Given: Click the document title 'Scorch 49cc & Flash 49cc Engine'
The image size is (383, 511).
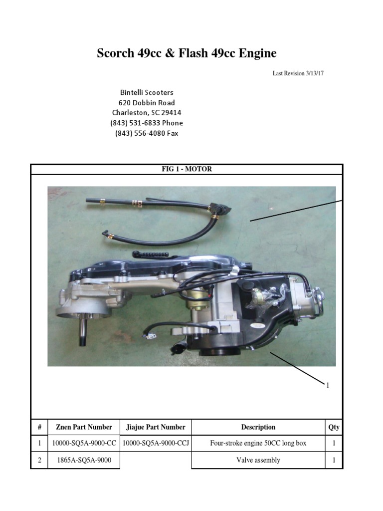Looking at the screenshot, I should (x=187, y=53).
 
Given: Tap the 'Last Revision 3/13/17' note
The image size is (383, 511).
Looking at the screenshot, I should (x=299, y=73).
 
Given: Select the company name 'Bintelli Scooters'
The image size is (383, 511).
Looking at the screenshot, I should (x=147, y=93).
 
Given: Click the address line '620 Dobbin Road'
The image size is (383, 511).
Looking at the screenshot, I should (x=147, y=103).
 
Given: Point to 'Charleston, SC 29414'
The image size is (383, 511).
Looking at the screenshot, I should (x=147, y=113).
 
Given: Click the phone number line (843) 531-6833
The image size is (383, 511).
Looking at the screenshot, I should (x=147, y=123).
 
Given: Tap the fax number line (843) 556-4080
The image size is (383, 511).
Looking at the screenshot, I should (x=147, y=133).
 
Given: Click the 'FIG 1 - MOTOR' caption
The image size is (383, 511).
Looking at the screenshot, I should (x=187, y=169).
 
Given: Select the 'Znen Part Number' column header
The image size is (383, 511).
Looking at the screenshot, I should (x=84, y=427).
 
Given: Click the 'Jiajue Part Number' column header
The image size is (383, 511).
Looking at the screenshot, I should (x=155, y=427).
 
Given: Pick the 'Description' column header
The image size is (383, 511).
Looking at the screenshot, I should (x=258, y=427).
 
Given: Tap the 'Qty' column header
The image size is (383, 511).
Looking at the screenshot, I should (x=334, y=427).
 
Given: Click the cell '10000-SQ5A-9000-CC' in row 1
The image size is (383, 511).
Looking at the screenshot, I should (x=84, y=443).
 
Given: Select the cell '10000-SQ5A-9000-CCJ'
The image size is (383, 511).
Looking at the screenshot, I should (x=155, y=443).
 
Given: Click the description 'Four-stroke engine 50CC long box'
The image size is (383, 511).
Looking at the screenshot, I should (x=258, y=443).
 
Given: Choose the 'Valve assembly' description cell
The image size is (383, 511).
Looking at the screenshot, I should (x=258, y=460).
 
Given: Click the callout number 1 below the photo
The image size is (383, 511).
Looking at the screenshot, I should (x=328, y=385).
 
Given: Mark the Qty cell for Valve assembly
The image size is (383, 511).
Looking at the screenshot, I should (x=334, y=460).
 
